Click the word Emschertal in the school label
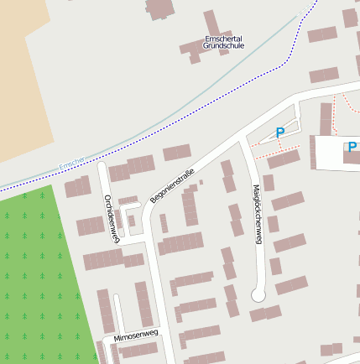tap(224, 39)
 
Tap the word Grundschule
tap(224, 46)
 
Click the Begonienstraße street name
tap(172, 187)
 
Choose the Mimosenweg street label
tap(135, 334)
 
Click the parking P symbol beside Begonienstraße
tap(280, 132)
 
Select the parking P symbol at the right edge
tap(352, 148)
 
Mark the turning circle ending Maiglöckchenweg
tap(258, 294)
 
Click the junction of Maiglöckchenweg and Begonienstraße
tap(243, 138)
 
